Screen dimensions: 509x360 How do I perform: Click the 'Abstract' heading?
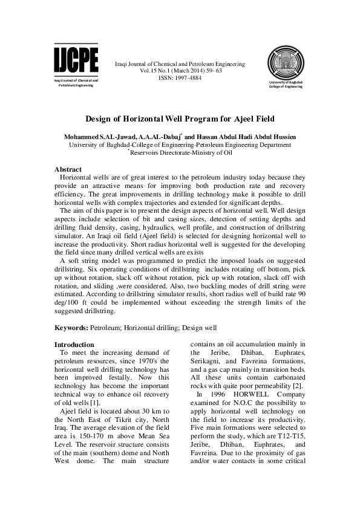pos(68,169)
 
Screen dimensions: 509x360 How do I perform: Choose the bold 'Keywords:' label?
pos(71,329)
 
